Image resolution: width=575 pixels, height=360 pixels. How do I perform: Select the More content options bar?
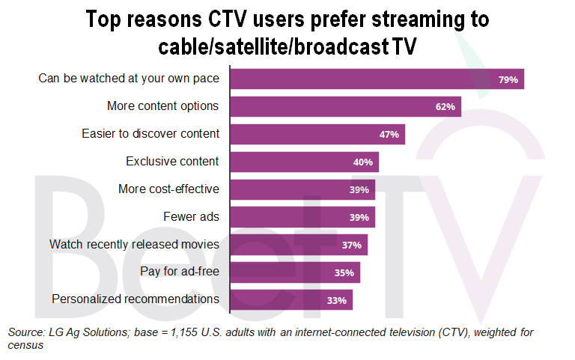[x=345, y=106]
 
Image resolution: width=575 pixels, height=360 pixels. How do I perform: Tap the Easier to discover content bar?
[x=317, y=134]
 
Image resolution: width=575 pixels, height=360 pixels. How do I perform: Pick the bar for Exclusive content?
[x=304, y=162]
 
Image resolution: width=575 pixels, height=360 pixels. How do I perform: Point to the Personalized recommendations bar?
[x=290, y=300]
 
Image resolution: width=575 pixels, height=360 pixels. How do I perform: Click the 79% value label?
[x=508, y=79]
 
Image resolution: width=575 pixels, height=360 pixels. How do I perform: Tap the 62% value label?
[x=445, y=107]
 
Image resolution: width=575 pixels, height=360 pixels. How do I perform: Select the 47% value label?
[x=389, y=135]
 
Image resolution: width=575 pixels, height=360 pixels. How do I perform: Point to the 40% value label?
[x=364, y=162]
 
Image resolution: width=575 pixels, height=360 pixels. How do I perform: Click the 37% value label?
[x=352, y=245]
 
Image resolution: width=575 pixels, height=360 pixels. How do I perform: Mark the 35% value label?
[x=344, y=273]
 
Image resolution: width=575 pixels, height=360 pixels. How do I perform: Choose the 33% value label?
[x=337, y=301]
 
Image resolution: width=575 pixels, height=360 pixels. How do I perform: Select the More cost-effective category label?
[x=168, y=189]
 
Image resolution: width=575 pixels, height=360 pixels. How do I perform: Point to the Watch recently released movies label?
[x=134, y=245]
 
